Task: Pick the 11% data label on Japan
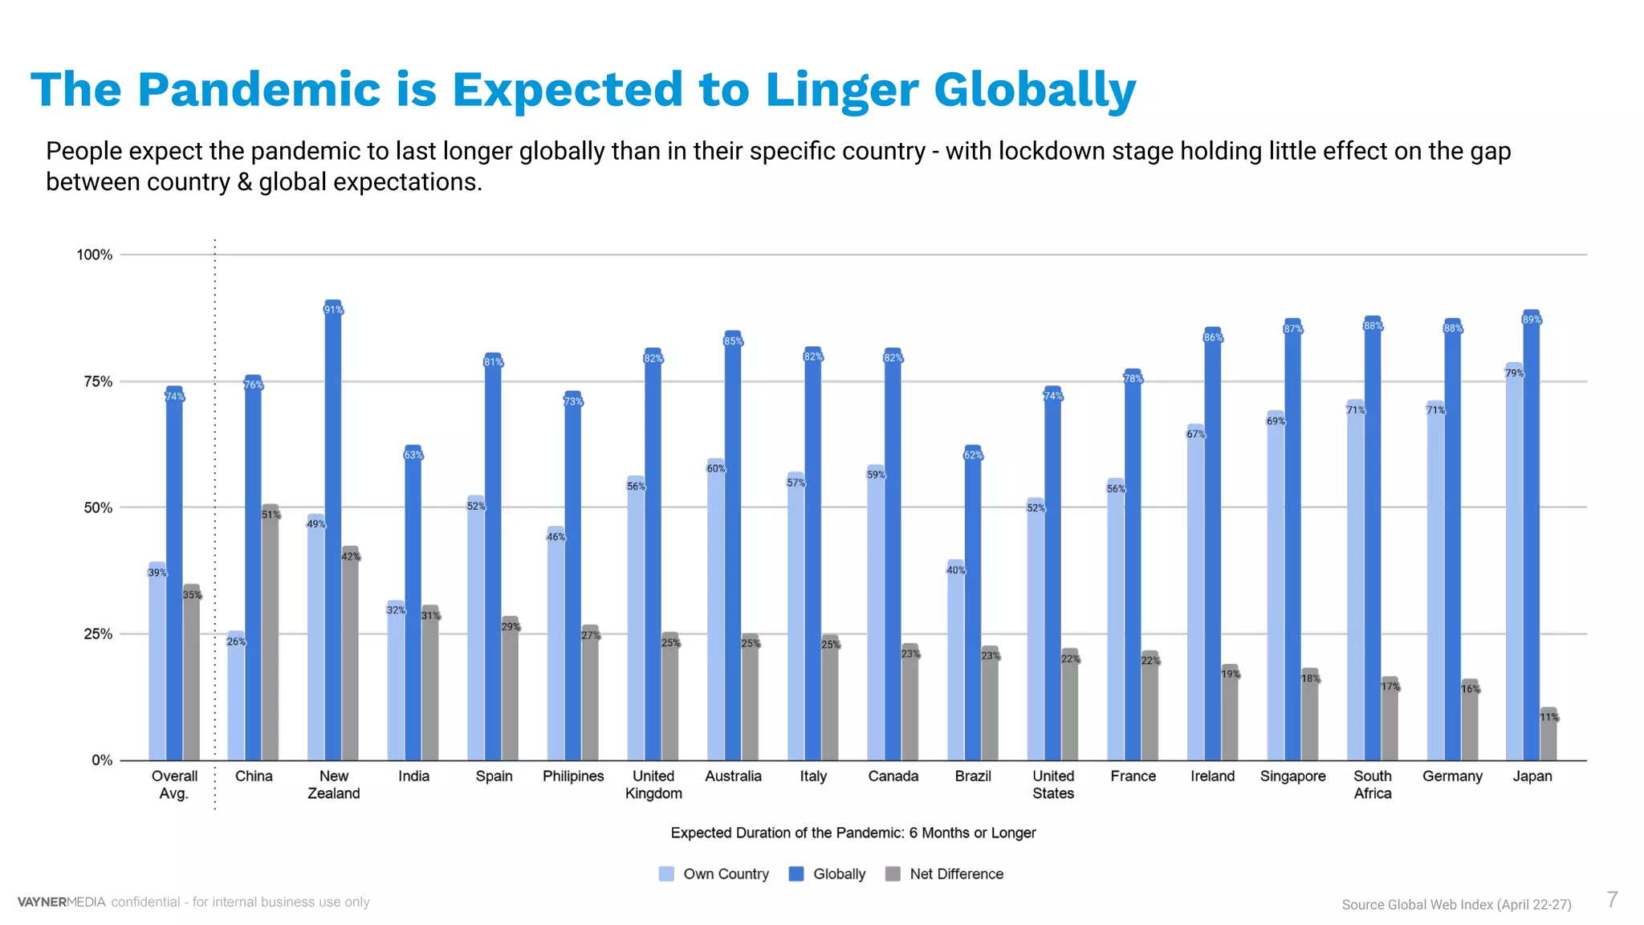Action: point(1548,717)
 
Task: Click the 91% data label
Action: point(333,310)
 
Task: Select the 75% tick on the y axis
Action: point(98,382)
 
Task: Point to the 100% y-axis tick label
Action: point(95,255)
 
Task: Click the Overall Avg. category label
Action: point(174,784)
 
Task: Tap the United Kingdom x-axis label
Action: point(653,784)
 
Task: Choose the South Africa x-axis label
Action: point(1373,784)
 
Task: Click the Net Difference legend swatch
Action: point(893,874)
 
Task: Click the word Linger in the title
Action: point(840,90)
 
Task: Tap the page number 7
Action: point(1612,899)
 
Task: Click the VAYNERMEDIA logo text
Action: point(61,902)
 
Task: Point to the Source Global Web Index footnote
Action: point(1456,904)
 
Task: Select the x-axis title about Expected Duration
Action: point(853,833)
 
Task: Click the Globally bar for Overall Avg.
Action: point(174,578)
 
